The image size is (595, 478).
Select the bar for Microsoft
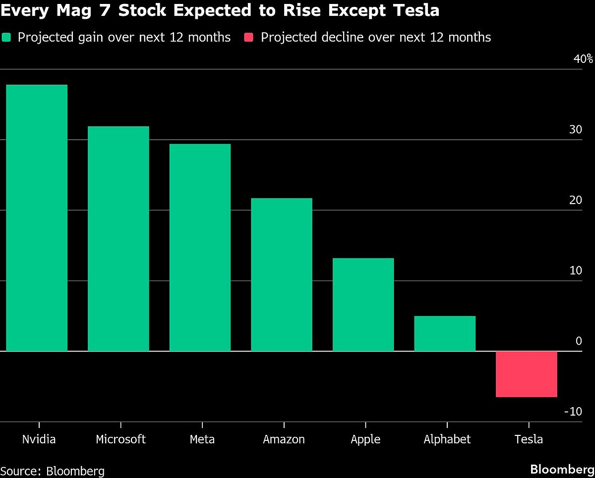119,239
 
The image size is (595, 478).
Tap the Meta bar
200,248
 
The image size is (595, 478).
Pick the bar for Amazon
282,274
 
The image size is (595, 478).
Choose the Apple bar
363,305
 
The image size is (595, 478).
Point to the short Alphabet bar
445,333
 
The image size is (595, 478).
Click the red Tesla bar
527,374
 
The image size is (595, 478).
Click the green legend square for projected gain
6,38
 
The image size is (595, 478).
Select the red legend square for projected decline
249,38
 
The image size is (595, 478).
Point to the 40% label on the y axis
583,59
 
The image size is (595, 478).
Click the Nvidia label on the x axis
39,439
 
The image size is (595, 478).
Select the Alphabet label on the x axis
447,439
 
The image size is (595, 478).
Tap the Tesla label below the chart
529,439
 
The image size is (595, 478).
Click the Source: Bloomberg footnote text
53,470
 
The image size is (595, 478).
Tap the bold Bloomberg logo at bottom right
562,469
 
